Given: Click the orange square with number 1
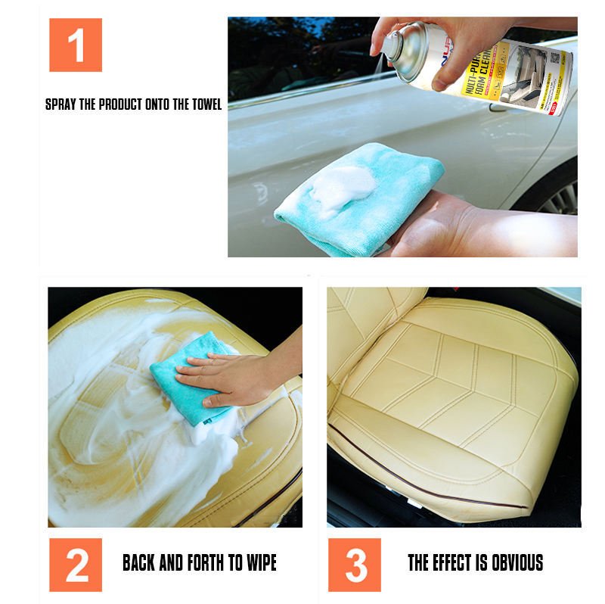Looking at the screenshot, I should (x=76, y=45).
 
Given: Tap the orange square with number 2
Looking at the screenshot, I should (x=76, y=565).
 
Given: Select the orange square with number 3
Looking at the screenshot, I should (x=355, y=565).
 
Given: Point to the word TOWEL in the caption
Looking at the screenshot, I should (x=204, y=104).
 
